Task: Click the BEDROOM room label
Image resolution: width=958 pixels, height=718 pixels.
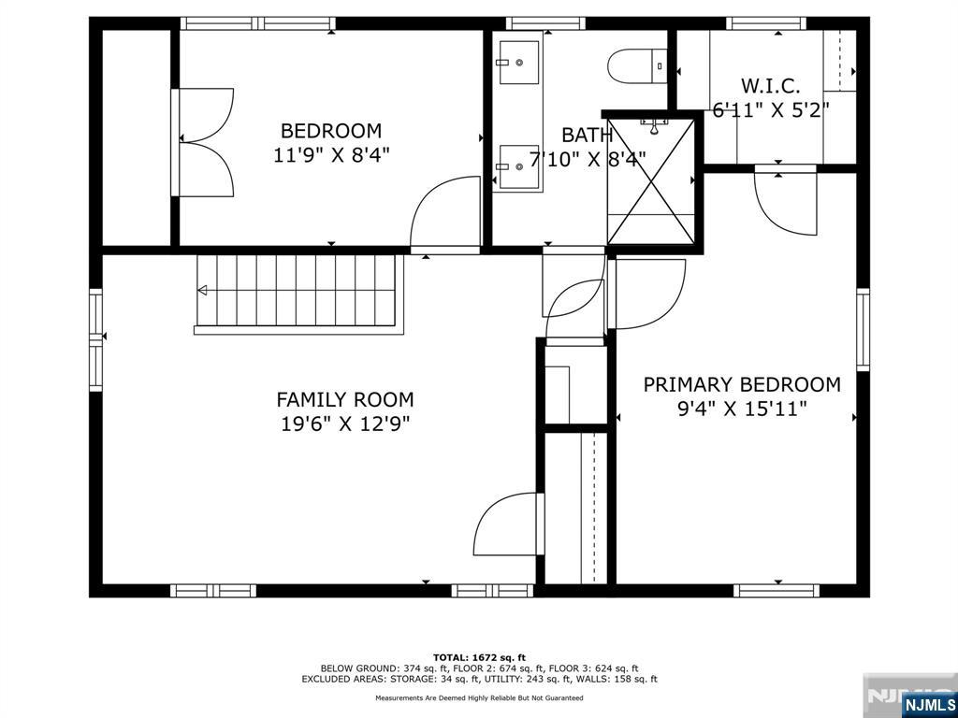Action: coord(331,131)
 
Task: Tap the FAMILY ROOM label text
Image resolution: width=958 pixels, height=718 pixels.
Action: coord(345,400)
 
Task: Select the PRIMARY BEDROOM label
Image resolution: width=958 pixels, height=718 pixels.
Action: coord(742,384)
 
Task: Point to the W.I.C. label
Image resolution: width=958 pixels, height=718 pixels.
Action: coord(771,85)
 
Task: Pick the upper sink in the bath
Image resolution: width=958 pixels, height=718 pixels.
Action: coord(518,62)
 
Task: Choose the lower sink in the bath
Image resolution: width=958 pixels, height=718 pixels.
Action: coord(518,166)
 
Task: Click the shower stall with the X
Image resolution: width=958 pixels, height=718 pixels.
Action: coord(652,181)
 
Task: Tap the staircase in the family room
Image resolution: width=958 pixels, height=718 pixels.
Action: coord(298,294)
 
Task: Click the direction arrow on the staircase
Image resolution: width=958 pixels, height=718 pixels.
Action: coord(202,290)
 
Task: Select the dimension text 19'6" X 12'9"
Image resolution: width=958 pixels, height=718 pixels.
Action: coord(345,424)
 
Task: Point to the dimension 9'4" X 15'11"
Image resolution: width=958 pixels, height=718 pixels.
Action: coord(742,409)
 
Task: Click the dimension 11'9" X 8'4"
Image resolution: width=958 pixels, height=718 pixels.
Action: coord(331,154)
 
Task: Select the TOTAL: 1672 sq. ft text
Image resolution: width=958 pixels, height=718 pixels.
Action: coord(479,657)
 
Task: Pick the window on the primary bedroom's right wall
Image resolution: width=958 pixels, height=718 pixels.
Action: coord(862,330)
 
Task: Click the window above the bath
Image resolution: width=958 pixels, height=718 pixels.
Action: coord(545,23)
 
